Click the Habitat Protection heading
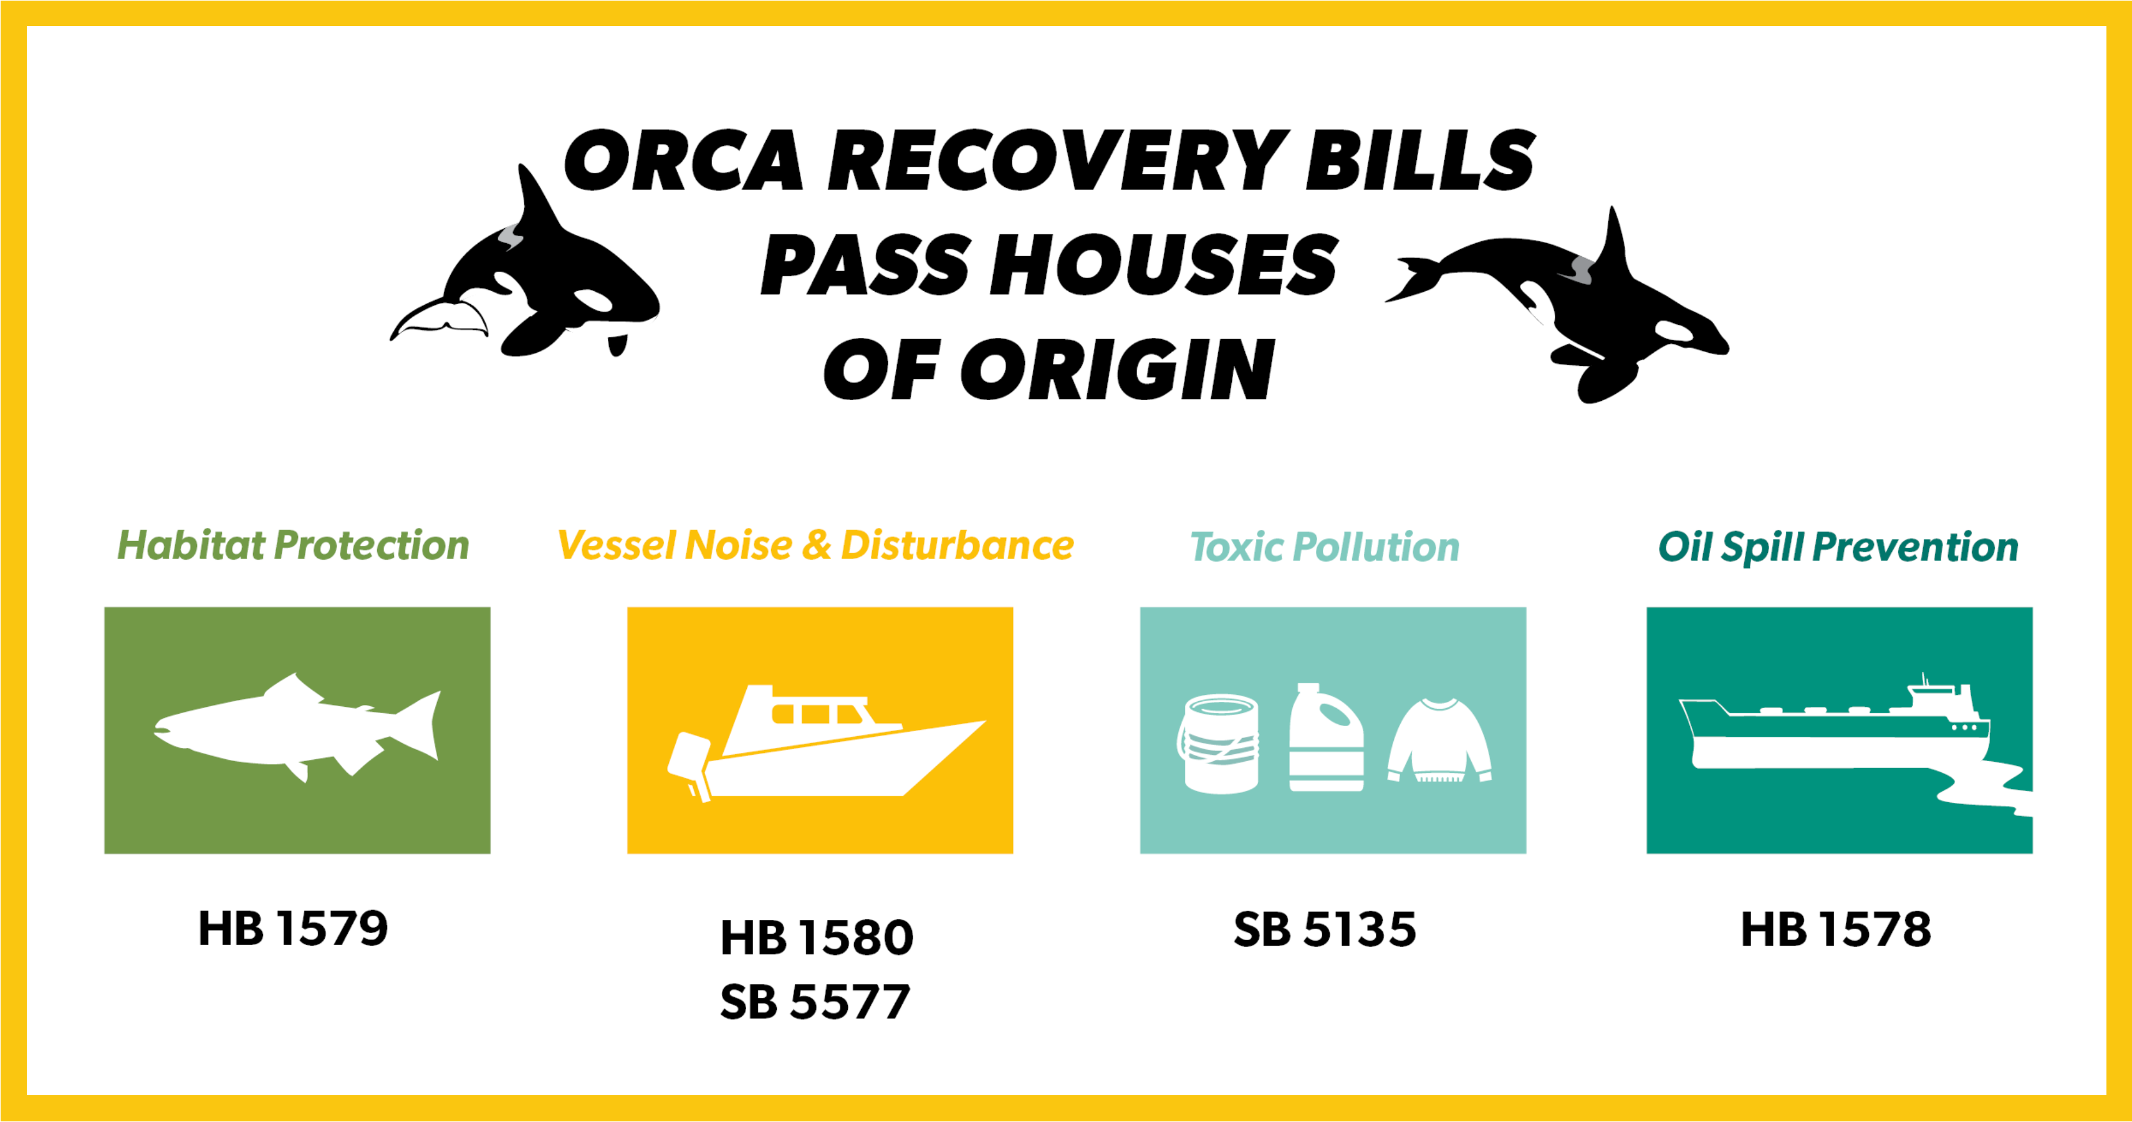(293, 546)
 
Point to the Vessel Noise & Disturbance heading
(816, 546)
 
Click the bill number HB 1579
(293, 928)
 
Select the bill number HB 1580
(817, 937)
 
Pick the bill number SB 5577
(815, 1002)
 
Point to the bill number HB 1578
(1837, 929)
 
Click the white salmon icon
(297, 728)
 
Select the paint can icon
(1218, 744)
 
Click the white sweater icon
(1440, 741)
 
